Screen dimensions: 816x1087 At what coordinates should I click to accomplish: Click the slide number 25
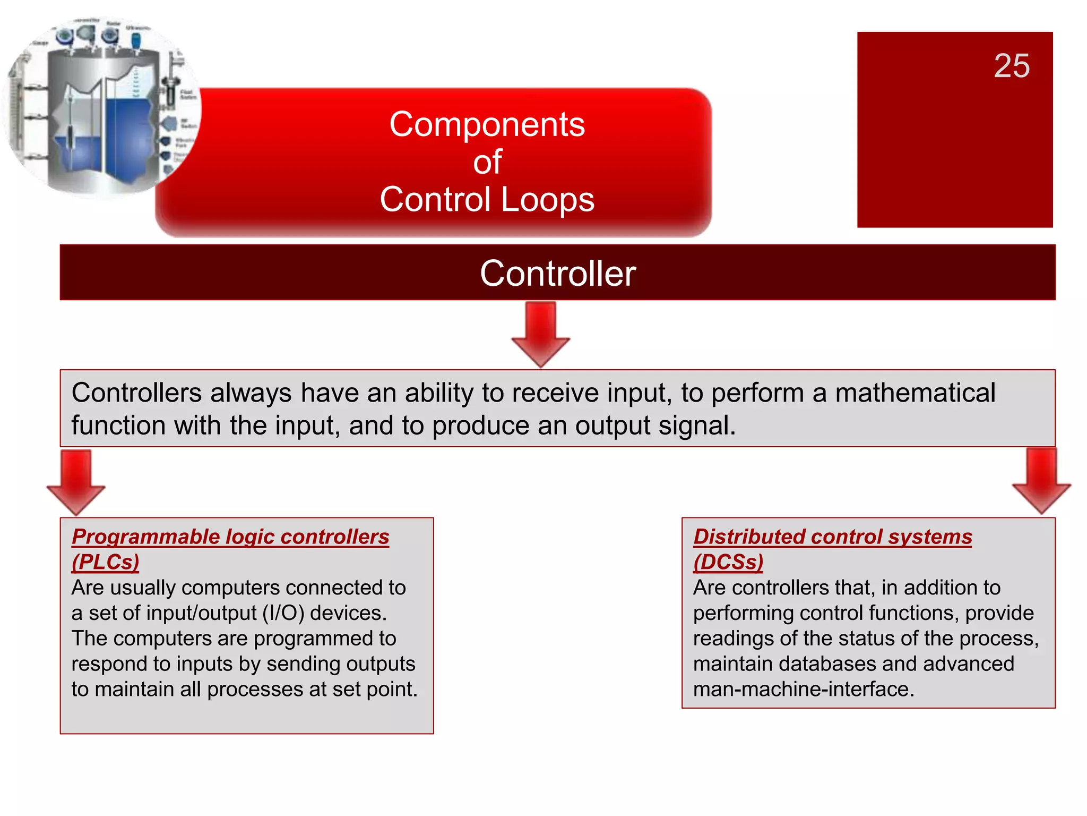click(x=1011, y=66)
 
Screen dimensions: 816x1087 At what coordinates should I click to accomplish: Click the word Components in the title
click(x=487, y=125)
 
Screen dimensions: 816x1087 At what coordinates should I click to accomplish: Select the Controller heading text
click(x=557, y=274)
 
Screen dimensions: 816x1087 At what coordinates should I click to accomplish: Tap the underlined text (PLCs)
click(x=105, y=562)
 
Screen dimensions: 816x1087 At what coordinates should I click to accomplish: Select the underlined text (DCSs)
click(x=728, y=562)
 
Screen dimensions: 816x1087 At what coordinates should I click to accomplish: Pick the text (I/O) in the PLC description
click(x=283, y=614)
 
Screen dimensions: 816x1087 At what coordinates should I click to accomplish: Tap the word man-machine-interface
click(x=803, y=690)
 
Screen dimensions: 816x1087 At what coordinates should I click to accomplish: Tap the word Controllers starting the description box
click(x=136, y=394)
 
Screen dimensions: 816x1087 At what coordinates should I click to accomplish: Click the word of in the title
click(x=487, y=162)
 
